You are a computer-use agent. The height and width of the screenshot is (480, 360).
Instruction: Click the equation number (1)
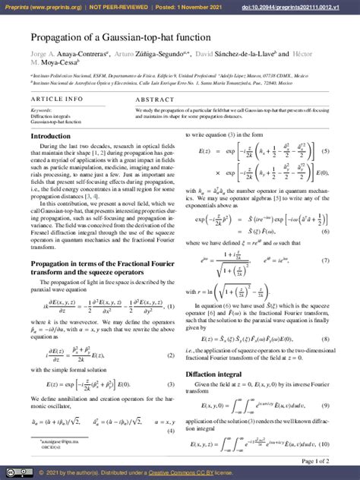pyautogui.click(x=171, y=307)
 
